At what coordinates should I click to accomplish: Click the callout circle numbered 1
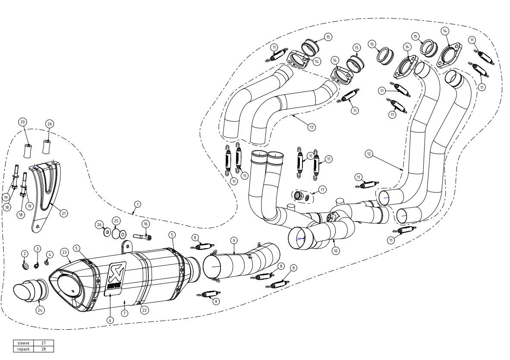point(137,203)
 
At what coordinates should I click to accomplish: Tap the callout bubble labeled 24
point(40,309)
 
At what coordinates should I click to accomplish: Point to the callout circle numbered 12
point(368,154)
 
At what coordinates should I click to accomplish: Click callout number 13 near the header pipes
point(311,127)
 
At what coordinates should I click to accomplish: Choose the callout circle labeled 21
point(64,213)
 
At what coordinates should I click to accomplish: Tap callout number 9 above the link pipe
point(233,240)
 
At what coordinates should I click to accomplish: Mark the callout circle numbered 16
point(145,224)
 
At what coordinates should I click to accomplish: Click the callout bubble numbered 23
point(64,252)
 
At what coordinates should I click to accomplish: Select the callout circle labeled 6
point(110,320)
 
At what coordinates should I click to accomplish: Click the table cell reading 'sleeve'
point(23,343)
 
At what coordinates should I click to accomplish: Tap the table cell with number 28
point(44,349)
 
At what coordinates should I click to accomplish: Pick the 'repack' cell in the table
point(23,349)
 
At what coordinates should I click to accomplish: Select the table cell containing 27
point(44,343)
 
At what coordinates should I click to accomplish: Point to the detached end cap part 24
point(28,291)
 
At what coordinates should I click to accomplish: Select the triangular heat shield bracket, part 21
point(45,190)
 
